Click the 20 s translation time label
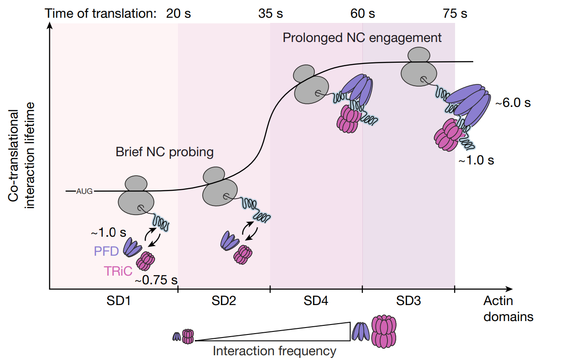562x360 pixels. (x=178, y=13)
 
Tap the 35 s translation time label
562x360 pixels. (x=271, y=13)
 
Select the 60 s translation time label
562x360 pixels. (x=362, y=13)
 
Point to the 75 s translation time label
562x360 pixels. (x=455, y=13)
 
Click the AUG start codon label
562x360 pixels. (x=84, y=191)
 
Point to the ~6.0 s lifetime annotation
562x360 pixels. (x=513, y=103)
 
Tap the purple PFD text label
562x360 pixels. (x=106, y=251)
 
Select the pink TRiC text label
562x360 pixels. (x=118, y=271)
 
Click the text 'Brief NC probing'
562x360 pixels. (x=165, y=152)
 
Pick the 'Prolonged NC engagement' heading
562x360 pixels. (x=362, y=38)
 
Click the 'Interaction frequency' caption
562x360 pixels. (x=275, y=351)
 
